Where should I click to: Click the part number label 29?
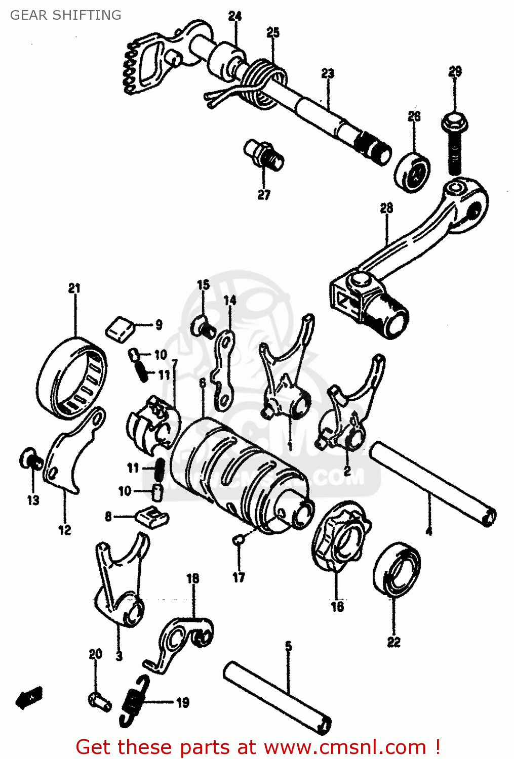coord(455,71)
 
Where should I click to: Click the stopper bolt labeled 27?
coord(264,155)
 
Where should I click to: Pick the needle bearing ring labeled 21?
coord(72,377)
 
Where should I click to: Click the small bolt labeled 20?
coord(99,701)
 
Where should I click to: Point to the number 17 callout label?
coord(239,577)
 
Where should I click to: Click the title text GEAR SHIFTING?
coord(66,15)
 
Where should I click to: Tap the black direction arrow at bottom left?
coord(29,698)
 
